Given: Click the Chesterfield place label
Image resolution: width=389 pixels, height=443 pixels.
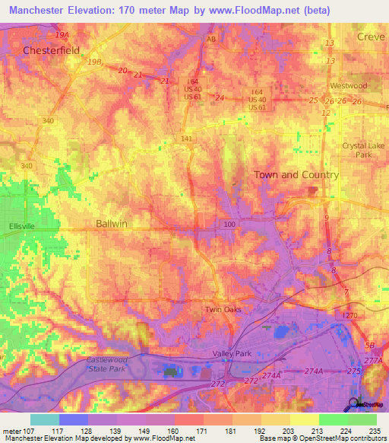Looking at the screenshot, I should coord(51,50).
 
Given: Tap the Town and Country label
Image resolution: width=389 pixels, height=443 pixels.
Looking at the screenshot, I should coord(296,174).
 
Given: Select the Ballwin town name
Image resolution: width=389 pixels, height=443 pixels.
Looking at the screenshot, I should coord(112,224).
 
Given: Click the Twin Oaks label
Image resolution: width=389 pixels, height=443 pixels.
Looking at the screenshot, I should coord(223,310).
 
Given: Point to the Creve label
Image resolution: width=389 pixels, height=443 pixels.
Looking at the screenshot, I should coord(371,37).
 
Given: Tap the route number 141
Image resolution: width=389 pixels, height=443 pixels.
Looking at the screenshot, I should coord(188,139).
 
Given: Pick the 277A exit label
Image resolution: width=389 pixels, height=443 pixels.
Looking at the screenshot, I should coord(373,361).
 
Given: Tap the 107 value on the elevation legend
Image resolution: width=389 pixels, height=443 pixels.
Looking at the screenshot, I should coord(24,432).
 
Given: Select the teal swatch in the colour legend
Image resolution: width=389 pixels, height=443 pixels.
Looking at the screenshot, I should coord(44,419).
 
